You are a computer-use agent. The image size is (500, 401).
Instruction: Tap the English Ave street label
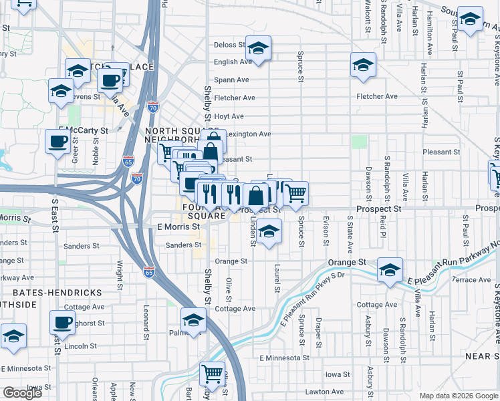pyautogui.click(x=232, y=62)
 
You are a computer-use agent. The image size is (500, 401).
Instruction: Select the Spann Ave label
pyautogui.click(x=231, y=80)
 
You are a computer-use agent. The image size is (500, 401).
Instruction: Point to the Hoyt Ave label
pyautogui.click(x=229, y=116)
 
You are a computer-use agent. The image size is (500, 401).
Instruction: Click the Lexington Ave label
pyautogui.click(x=248, y=134)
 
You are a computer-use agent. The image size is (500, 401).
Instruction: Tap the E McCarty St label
pyautogui.click(x=83, y=130)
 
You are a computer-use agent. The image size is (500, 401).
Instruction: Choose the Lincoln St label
pyautogui.click(x=82, y=346)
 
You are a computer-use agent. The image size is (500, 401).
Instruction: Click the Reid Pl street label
pyautogui.click(x=383, y=227)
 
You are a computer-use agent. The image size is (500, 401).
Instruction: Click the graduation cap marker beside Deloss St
pyautogui.click(x=259, y=49)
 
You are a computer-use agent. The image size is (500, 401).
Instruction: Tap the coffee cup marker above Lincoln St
pyautogui.click(x=62, y=323)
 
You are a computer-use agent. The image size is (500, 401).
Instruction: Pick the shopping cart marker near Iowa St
pyautogui.click(x=212, y=374)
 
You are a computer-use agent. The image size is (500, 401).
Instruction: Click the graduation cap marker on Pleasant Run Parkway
pyautogui.click(x=390, y=271)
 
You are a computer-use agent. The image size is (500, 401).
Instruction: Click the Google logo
pyautogui.click(x=22, y=393)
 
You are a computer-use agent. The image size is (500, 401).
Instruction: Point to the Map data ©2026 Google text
pyautogui.click(x=458, y=396)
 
